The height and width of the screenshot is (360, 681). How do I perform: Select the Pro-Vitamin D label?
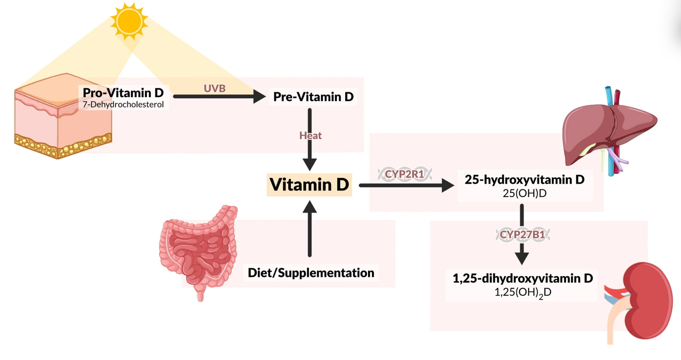point(123,93)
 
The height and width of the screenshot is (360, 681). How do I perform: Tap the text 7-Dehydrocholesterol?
point(123,104)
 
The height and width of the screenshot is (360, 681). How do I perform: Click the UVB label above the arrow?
point(215,87)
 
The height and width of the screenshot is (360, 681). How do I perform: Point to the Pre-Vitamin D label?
point(313,97)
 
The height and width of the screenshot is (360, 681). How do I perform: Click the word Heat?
point(310,136)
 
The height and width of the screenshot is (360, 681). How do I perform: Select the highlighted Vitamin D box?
point(309,185)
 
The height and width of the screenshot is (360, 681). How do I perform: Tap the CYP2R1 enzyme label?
point(405,175)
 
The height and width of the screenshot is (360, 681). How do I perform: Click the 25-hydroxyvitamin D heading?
point(524,179)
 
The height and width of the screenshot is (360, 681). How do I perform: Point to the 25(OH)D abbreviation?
point(524,192)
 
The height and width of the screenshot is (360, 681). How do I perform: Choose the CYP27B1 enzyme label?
point(522,235)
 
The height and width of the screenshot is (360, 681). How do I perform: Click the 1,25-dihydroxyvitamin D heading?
point(522,278)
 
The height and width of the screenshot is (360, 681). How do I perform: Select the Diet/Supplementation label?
point(311,273)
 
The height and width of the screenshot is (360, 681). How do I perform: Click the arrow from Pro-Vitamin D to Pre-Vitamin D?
point(217,97)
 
